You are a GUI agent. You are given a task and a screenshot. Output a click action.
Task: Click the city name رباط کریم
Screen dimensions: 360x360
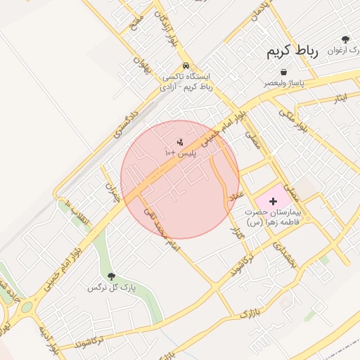click(292, 51)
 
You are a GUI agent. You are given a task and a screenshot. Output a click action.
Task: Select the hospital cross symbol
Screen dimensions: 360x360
click(274, 202)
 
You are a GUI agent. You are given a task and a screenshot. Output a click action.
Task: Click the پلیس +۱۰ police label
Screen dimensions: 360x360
click(181, 153)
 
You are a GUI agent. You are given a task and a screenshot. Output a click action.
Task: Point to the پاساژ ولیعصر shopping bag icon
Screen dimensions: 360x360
click(283, 72)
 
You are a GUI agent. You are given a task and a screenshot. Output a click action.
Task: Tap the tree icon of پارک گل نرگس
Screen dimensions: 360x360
click(110, 276)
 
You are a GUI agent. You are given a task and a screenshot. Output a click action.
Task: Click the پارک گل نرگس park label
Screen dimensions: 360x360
click(110, 288)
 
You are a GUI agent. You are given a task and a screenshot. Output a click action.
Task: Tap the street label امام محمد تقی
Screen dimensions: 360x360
click(164, 231)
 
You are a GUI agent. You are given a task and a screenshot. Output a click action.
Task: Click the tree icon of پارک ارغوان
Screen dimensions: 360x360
click(345, 40)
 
